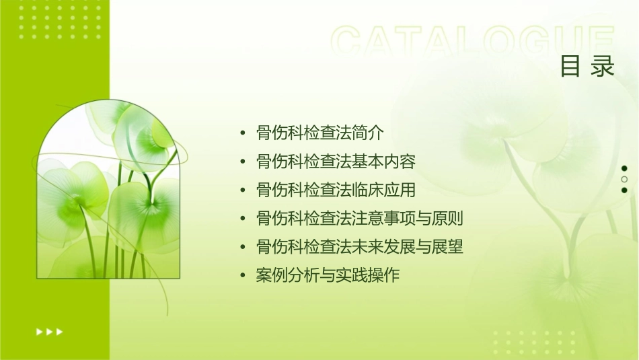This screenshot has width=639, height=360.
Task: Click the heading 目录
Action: [587, 66]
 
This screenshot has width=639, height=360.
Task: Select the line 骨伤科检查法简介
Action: [320, 133]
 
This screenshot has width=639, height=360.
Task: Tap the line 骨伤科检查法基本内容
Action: [336, 161]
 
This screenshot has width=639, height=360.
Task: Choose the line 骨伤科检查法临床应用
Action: [336, 190]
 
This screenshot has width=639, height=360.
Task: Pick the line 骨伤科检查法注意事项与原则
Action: [360, 219]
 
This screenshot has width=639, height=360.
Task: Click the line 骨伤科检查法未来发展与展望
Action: [360, 247]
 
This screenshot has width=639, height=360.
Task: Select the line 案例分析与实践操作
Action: [328, 276]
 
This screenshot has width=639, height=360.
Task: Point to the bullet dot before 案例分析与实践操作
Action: [243, 276]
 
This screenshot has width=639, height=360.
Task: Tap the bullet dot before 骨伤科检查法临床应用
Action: [243, 190]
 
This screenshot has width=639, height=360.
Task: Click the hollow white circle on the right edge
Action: [624, 179]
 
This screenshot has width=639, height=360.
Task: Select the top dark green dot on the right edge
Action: [624, 168]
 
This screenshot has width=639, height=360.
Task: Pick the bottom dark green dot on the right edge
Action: [624, 190]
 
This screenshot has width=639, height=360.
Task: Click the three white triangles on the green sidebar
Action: [49, 331]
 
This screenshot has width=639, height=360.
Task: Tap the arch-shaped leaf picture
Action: [108, 192]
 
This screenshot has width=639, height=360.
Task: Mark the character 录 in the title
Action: [603, 66]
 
